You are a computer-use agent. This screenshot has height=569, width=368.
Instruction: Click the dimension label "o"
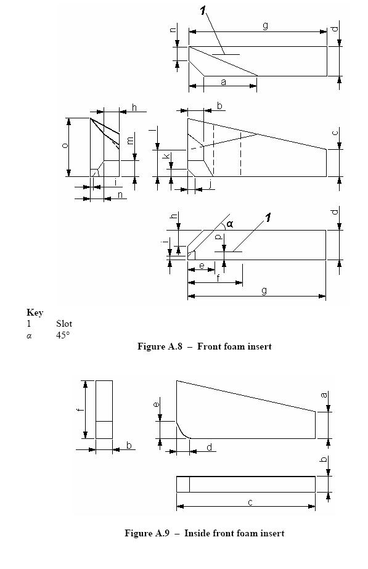pos(65,145)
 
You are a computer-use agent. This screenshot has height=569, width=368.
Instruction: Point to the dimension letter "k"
pos(166,156)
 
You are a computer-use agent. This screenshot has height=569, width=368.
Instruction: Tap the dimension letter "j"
pos(210,184)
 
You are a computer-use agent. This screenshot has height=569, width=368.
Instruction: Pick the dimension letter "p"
pos(218,237)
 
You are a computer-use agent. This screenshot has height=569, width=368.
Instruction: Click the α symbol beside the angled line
pos(230,224)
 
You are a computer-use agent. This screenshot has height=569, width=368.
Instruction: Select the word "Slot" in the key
pos(64,323)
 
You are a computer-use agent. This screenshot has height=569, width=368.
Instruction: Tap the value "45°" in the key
pos(63,335)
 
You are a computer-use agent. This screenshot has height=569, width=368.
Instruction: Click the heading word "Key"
pos(35,313)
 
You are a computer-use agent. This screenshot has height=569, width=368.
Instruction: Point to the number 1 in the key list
pos(29,323)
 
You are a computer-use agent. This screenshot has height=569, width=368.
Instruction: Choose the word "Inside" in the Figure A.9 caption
pos(197,533)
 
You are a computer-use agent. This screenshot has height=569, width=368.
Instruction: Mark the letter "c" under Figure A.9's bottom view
pos(250,502)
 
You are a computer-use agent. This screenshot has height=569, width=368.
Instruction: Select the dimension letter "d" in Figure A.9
pos(210,447)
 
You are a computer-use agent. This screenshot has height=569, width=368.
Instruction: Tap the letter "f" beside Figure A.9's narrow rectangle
pos(80,410)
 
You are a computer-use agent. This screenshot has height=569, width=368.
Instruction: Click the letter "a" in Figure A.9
pos(324,395)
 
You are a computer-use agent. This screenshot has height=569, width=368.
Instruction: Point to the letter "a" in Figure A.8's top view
pos(223,82)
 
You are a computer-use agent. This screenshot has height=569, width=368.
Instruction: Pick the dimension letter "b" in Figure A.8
pos(219,106)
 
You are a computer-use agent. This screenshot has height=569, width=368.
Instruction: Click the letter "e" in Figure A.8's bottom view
pos(202,266)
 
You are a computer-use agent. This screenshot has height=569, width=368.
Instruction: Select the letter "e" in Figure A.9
pos(156,404)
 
